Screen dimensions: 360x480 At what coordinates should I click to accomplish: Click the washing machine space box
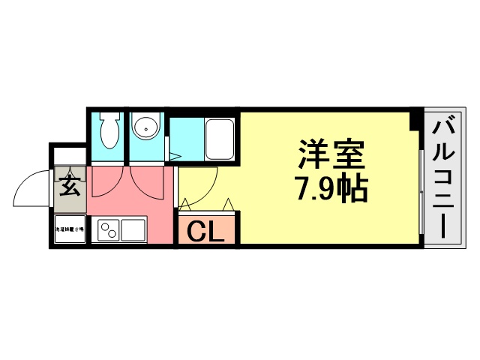70,230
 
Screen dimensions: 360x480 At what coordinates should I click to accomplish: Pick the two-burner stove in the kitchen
106,229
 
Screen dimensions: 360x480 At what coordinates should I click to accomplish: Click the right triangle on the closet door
228,204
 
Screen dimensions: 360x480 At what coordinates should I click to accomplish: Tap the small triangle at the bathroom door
173,156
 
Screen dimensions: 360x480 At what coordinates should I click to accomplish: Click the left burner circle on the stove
101,229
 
